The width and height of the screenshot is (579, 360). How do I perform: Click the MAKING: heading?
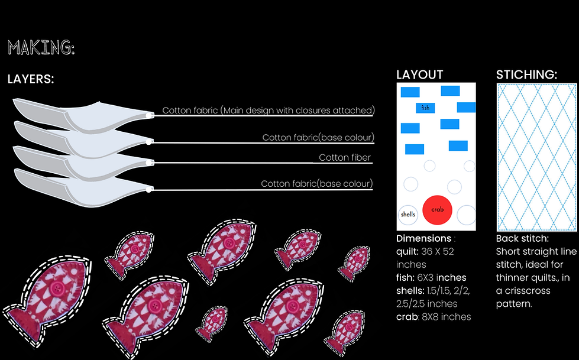(x=41, y=48)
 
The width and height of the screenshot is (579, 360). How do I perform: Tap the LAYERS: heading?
(x=31, y=79)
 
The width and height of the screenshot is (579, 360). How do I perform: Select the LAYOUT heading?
(x=419, y=75)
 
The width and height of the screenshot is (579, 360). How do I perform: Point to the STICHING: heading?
(x=526, y=75)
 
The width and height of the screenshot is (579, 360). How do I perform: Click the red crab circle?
(x=437, y=210)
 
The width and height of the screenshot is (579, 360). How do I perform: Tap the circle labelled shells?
(x=407, y=214)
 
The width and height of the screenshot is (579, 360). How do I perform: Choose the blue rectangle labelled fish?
(x=426, y=108)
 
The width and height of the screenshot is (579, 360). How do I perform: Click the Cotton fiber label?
(x=345, y=158)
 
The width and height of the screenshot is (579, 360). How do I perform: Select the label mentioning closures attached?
(x=269, y=111)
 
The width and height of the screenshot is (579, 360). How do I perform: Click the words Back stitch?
(x=522, y=239)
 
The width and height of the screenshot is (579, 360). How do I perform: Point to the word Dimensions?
(x=423, y=239)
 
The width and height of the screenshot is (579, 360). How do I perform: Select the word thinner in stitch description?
(x=518, y=278)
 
